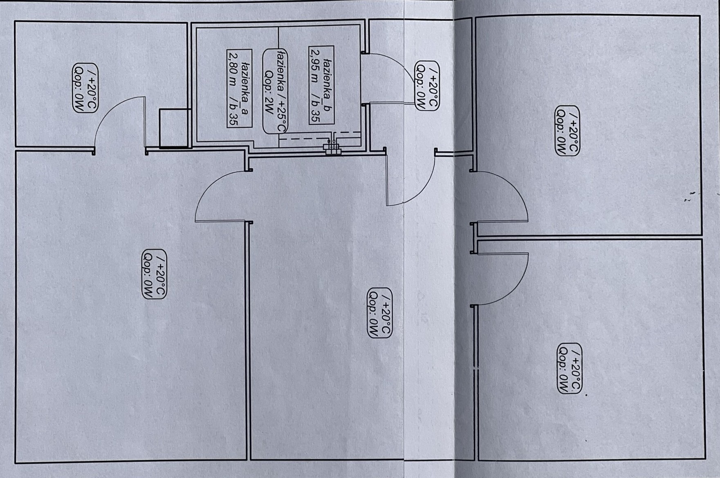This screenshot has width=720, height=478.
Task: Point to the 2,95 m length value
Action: click(x=315, y=65)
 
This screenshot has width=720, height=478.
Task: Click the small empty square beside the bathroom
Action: click(x=175, y=128)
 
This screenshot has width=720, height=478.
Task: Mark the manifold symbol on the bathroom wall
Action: click(x=332, y=148)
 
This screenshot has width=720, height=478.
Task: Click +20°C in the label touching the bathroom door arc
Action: click(x=433, y=86)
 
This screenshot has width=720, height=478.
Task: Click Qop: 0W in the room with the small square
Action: click(x=79, y=88)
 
